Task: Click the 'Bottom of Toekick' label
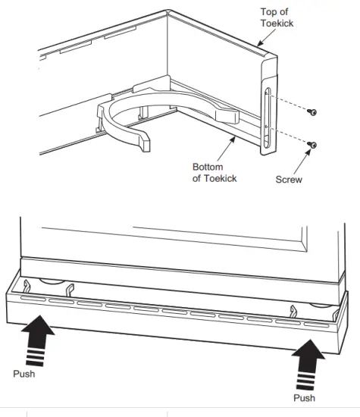(214, 172)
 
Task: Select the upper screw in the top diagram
(311, 113)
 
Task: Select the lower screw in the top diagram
(311, 144)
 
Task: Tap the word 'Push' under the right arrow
(304, 397)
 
